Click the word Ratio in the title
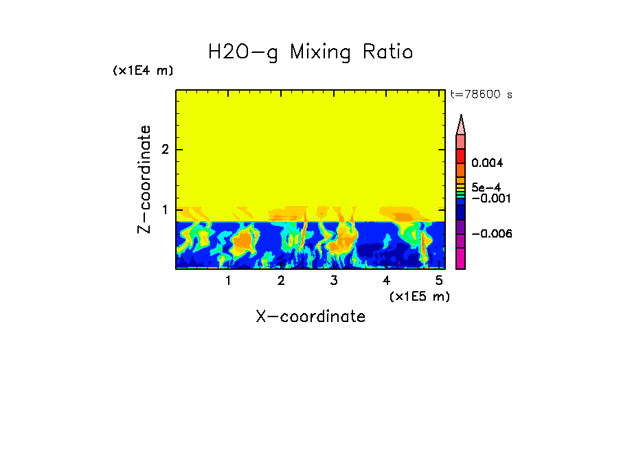387,52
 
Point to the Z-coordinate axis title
144,179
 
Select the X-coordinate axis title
310,316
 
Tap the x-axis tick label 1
228,280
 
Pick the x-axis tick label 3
334,280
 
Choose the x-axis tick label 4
386,280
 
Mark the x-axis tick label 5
438,280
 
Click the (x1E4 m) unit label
143,71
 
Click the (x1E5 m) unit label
419,296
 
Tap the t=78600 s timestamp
481,95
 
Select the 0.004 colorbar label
487,163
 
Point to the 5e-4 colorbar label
486,187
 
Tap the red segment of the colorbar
461,156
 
